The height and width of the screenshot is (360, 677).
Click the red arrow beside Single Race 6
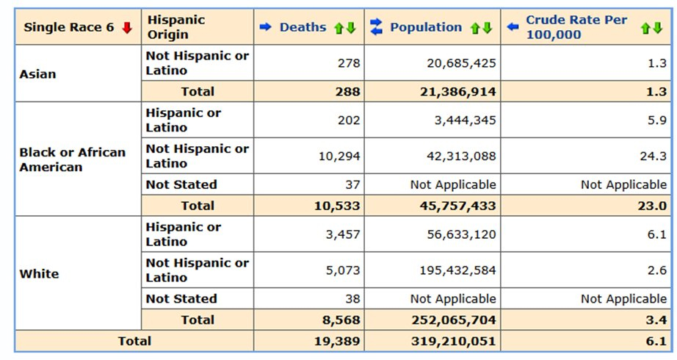[127, 28]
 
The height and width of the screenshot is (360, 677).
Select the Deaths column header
[303, 28]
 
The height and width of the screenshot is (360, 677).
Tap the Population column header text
[426, 28]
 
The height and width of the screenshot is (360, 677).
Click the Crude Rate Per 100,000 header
[576, 28]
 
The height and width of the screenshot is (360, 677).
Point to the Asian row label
[38, 74]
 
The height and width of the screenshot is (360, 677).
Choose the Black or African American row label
[72, 159]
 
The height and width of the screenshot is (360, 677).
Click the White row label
[39, 274]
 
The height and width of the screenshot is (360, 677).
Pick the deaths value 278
[348, 64]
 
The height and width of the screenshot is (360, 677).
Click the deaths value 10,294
[340, 156]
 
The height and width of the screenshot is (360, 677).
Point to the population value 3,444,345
[461, 120]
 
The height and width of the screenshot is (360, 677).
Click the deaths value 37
[352, 184]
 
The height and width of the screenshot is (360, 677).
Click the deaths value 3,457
[343, 234]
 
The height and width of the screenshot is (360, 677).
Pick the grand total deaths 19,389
[338, 341]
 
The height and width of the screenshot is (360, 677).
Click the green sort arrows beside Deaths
[344, 28]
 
